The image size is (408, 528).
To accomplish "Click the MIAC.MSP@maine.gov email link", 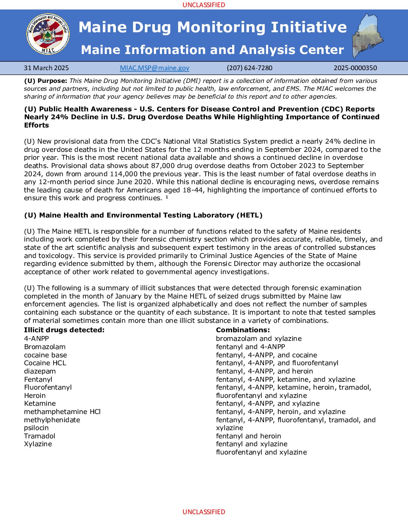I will click(154, 68).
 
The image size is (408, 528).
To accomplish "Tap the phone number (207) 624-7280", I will click(249, 68).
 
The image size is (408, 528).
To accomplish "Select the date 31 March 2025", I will click(46, 68).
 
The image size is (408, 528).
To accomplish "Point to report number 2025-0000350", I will click(355, 68).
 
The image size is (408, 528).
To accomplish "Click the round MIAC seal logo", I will click(48, 34).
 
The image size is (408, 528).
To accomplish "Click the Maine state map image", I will click(367, 36).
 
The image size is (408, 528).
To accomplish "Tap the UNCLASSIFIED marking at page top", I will click(204, 5).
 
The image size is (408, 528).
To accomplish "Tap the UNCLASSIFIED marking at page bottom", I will click(204, 512).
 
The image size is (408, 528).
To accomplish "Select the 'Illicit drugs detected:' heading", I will click(64, 330).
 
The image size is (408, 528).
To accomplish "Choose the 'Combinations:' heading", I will click(243, 330).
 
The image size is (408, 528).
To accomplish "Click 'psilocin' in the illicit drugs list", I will click(36, 428).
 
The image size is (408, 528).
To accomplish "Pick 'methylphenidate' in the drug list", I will click(52, 420).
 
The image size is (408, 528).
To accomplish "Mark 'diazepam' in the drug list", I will click(40, 371).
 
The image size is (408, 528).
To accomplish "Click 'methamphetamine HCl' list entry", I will click(62, 412).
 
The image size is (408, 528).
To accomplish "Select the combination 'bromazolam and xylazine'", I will click(259, 339).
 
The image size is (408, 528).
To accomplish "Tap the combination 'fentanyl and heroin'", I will click(249, 436).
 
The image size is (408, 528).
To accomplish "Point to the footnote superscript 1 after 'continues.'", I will click(167, 197).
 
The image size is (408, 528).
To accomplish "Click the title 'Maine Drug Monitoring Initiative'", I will click(213, 27).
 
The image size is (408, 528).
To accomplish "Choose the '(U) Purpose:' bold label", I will click(46, 81).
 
